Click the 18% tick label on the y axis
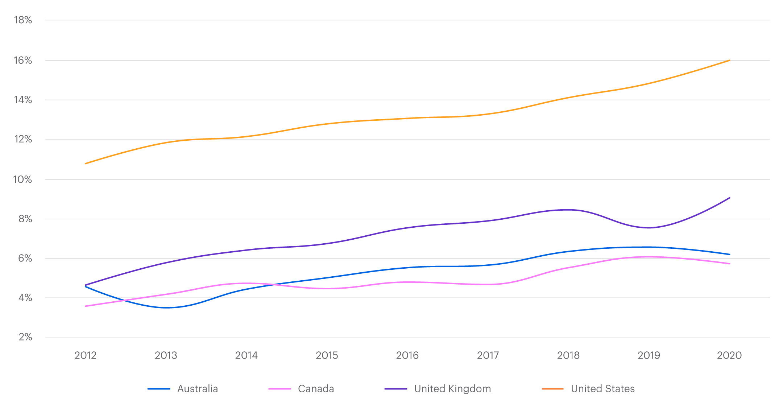23,20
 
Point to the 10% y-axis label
22,179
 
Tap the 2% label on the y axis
25,337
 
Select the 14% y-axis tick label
23,100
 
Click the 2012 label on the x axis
85,355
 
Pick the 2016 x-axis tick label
407,355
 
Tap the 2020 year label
729,355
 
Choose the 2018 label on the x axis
568,355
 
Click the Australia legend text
198,389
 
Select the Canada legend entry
316,389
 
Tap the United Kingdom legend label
452,389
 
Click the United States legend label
602,389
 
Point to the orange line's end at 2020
729,60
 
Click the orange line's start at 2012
86,164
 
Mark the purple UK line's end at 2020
729,198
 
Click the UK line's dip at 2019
649,228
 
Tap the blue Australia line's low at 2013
166,308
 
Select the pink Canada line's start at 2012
86,306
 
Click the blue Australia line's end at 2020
729,254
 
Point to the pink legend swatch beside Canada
279,389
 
